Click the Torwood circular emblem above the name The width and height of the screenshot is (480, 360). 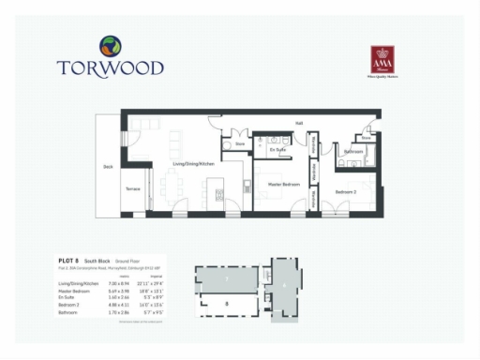coord(110,45)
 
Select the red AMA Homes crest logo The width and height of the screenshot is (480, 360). coord(382,54)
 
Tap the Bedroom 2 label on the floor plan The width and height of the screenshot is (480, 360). coord(348,191)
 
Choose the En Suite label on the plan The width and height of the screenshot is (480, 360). coord(277,150)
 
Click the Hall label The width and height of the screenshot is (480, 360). coord(299,123)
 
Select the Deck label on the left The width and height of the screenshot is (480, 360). coord(108,167)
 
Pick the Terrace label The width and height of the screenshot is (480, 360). coord(133,189)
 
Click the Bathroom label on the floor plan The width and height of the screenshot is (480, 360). coord(353,152)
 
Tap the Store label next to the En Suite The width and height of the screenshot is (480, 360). coord(240,144)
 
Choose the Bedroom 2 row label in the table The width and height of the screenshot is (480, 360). coord(70,304)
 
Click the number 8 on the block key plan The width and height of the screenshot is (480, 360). coord(227,305)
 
